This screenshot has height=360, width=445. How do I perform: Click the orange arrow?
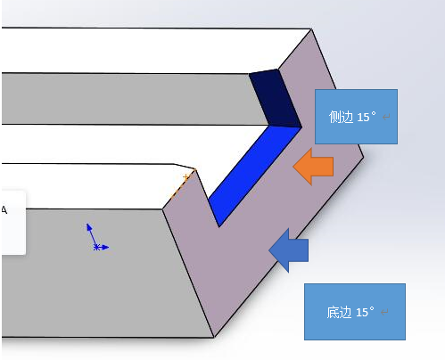[x=313, y=167]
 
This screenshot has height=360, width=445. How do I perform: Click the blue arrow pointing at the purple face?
[x=288, y=250]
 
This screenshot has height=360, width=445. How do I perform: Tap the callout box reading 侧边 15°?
[x=356, y=117]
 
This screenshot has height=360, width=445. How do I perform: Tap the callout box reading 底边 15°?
[x=355, y=312]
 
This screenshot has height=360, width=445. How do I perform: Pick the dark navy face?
[x=275, y=98]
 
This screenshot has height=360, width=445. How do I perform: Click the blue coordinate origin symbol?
[x=96, y=238]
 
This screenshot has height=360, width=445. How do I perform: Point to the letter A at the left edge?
[x=4, y=210]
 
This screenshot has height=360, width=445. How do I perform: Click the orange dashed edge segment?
[x=183, y=184]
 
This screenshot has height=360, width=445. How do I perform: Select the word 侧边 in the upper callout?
[x=341, y=117]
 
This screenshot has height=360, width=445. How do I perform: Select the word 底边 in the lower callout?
[x=339, y=313]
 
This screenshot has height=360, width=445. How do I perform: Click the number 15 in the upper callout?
[x=363, y=118]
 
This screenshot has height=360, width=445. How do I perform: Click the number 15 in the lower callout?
[x=362, y=313]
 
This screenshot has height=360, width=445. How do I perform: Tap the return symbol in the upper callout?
[x=386, y=117]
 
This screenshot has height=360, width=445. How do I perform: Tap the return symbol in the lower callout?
[x=384, y=312]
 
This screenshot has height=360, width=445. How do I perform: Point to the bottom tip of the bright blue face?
[x=219, y=227]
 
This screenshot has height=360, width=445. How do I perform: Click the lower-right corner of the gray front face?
[x=214, y=338]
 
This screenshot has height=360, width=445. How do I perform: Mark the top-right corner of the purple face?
[x=311, y=29]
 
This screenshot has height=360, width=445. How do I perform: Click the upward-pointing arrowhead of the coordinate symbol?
[x=88, y=226]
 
